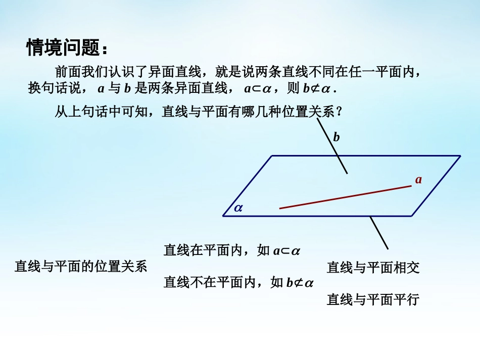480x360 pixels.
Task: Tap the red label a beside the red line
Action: click(418, 179)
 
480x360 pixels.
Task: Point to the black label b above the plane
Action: click(337, 137)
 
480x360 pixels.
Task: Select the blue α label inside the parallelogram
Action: click(238, 207)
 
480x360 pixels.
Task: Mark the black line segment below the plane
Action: click(379, 233)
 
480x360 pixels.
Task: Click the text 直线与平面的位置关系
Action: click(81, 267)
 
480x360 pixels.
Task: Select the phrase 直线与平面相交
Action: click(373, 268)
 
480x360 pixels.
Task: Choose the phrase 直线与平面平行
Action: click(373, 300)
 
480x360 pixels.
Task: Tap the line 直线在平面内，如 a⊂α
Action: click(232, 250)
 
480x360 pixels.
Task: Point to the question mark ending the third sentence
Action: click(339, 112)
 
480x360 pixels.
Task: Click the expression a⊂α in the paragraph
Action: click(258, 89)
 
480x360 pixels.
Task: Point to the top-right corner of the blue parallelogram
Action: click(460, 156)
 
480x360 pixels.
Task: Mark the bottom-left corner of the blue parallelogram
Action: click(223, 216)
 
